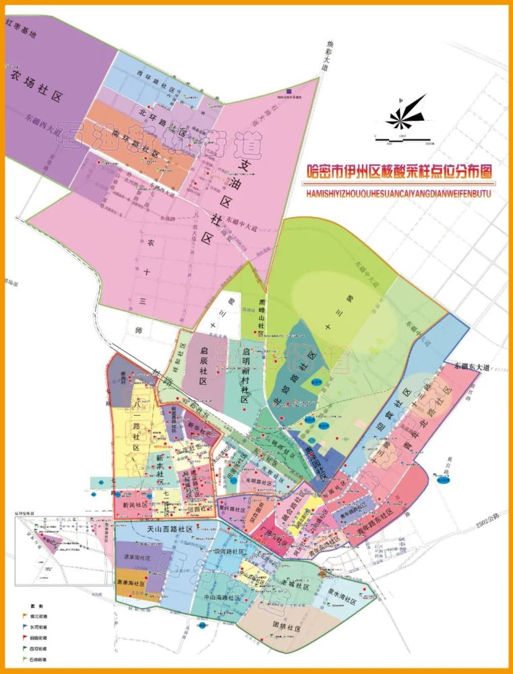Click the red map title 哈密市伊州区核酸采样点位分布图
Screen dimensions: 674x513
pyautogui.click(x=398, y=173)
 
